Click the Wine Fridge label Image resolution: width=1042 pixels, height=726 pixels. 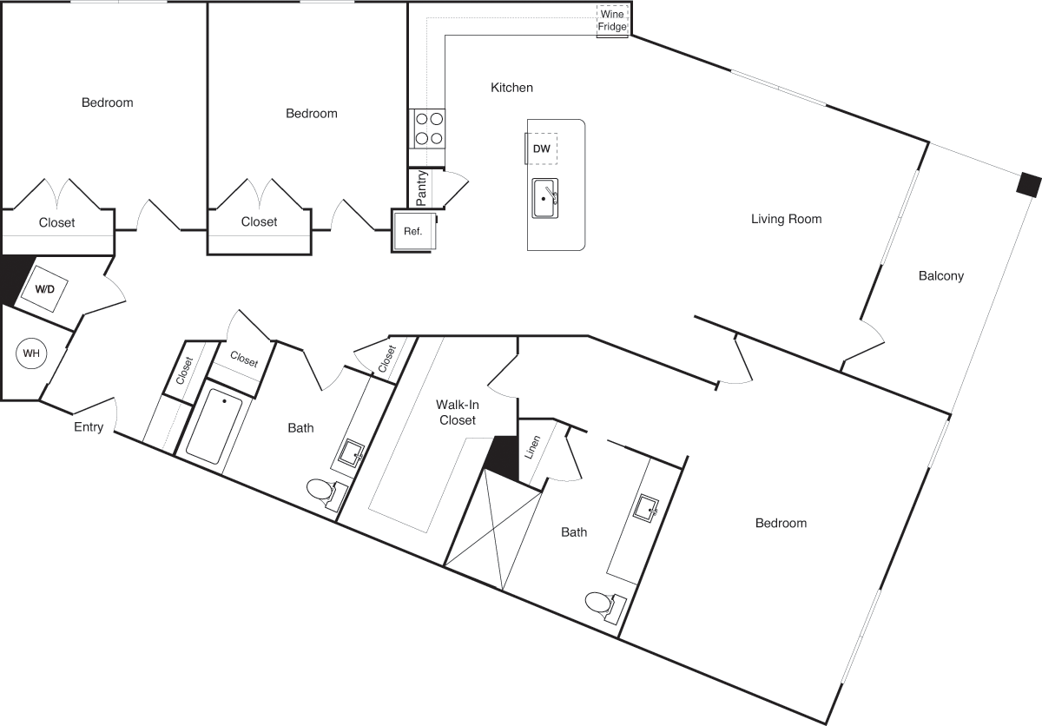[x=612, y=21]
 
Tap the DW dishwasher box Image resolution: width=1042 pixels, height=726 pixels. [x=541, y=148]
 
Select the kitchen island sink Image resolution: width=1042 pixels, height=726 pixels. [x=545, y=199]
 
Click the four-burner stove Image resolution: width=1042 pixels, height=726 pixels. [x=427, y=129]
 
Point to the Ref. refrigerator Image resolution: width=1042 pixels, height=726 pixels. [x=413, y=231]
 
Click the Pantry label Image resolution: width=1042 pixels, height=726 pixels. [x=421, y=188]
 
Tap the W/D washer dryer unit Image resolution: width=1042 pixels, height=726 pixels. [x=44, y=289]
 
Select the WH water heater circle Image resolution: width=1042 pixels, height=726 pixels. [x=31, y=353]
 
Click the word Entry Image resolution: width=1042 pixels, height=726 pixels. [x=89, y=427]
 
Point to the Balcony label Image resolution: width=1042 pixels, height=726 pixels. [x=941, y=276]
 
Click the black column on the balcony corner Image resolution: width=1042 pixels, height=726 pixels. [x=1028, y=184]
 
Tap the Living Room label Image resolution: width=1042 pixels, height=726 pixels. [x=786, y=219]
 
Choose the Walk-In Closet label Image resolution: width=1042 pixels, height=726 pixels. [x=458, y=412]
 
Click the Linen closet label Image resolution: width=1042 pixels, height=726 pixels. [x=532, y=447]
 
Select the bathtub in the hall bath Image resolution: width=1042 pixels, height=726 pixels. [x=214, y=426]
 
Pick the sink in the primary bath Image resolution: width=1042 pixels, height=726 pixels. [x=646, y=508]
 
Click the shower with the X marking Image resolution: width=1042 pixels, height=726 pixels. [x=493, y=529]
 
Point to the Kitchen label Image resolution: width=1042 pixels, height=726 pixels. [x=511, y=88]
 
